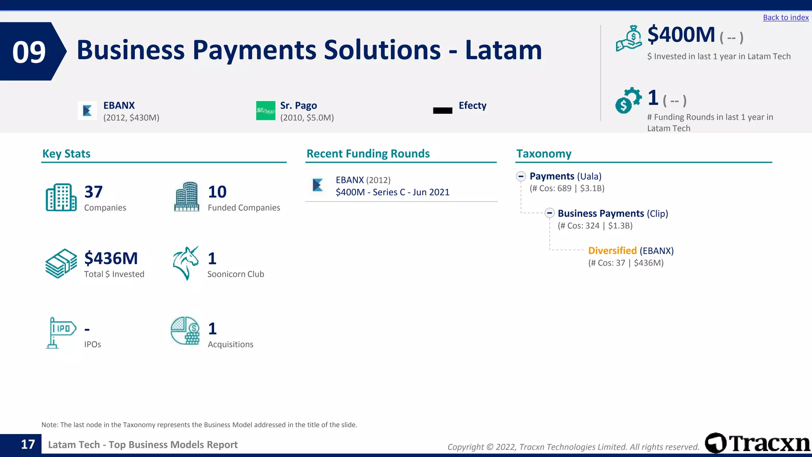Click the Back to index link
point(785,17)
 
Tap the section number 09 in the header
point(29,52)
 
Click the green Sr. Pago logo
point(266,111)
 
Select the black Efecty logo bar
point(442,111)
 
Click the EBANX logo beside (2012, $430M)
point(87,111)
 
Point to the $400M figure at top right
point(681,35)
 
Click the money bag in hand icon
point(629,38)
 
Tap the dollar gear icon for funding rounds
point(628,100)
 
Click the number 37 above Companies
point(94,192)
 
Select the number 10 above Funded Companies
point(217,192)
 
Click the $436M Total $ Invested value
point(111,259)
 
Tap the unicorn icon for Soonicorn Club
point(186,263)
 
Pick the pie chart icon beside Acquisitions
point(185,331)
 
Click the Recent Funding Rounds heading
point(368,154)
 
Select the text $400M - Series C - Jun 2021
point(393,192)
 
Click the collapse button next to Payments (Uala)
point(521,176)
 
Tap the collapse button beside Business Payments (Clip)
point(549,213)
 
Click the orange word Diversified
point(612,251)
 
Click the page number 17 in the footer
point(28,444)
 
